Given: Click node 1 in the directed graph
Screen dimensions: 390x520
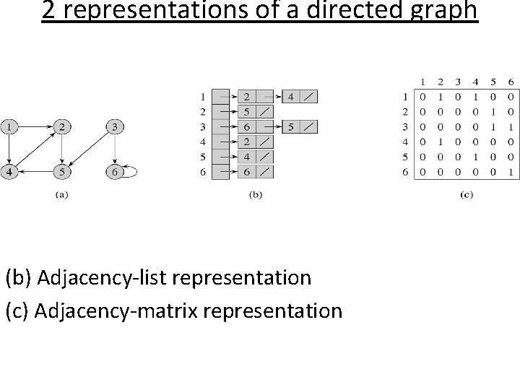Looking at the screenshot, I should pyautogui.click(x=10, y=127).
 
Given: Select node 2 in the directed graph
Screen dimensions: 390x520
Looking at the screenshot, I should pyautogui.click(x=63, y=127).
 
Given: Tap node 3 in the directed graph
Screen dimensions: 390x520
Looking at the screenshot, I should pyautogui.click(x=113, y=127).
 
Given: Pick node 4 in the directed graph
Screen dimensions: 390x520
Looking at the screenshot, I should pyautogui.click(x=10, y=172).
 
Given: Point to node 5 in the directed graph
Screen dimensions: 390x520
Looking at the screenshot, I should pyautogui.click(x=63, y=172).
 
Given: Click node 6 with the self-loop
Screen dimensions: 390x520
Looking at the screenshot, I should pyautogui.click(x=113, y=172).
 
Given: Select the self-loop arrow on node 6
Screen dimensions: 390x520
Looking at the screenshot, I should pyautogui.click(x=132, y=172).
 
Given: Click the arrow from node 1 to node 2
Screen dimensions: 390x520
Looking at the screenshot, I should pyautogui.click(x=36, y=127).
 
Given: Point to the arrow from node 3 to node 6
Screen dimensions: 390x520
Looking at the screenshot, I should pyautogui.click(x=113, y=149).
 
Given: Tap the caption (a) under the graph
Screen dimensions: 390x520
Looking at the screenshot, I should pyautogui.click(x=61, y=194).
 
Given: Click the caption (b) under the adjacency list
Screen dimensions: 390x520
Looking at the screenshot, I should pyautogui.click(x=254, y=194).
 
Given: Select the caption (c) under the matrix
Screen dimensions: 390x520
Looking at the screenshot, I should pyautogui.click(x=466, y=194).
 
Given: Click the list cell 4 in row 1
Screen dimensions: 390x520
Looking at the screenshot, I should pyautogui.click(x=290, y=96).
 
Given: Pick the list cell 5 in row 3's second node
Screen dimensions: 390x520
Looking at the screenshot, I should pyautogui.click(x=290, y=127).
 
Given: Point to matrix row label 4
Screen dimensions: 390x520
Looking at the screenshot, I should pyautogui.click(x=407, y=142).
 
